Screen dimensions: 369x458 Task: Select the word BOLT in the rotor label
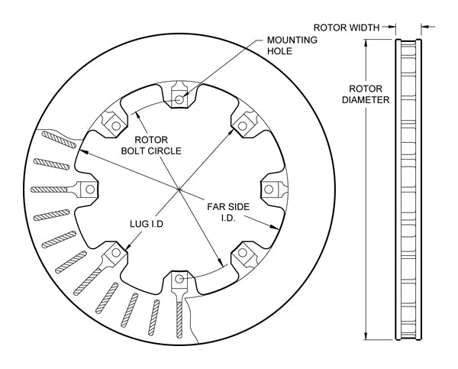point(137,151)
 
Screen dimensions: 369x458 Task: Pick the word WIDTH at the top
point(364,27)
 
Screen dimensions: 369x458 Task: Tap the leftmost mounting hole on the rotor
point(89,189)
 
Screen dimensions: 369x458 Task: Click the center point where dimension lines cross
point(179,189)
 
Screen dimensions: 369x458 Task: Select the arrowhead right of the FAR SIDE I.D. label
point(273,227)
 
